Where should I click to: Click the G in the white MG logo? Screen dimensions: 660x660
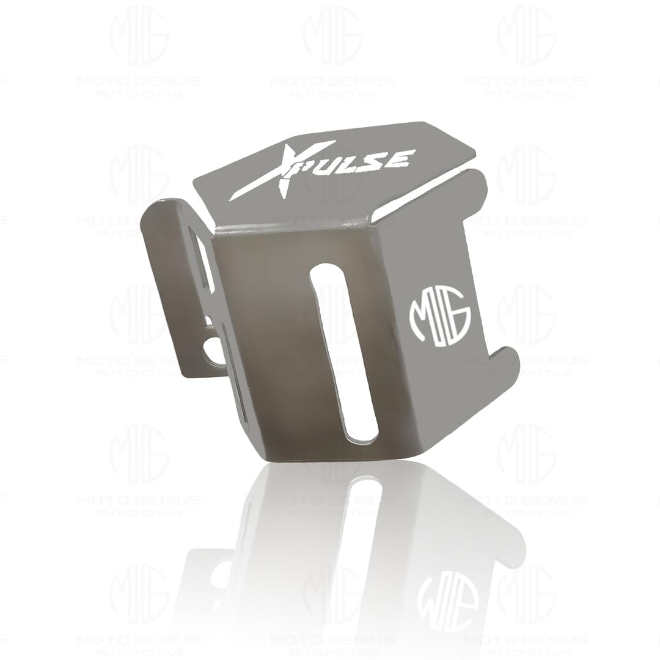coord(458,315)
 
